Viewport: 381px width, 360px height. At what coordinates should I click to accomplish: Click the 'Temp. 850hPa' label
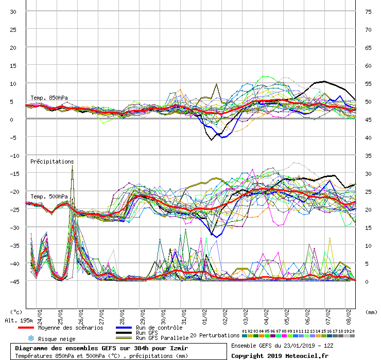pos(49,98)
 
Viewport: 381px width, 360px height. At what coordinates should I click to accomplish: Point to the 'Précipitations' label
pos(52,161)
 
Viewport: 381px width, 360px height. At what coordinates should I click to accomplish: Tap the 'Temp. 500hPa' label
pos(49,196)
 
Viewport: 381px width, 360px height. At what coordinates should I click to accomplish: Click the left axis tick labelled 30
pos(13,12)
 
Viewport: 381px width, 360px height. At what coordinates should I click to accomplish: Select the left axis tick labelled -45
pos(14,282)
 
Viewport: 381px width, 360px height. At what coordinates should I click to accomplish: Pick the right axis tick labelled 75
pos(368,12)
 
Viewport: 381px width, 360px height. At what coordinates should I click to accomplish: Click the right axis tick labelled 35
pos(368,156)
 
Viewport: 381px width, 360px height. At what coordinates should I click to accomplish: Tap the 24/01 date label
pos(40,317)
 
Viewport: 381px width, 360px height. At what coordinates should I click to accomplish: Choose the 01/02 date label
pos(204,317)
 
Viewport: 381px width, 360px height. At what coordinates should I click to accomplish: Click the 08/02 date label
pos(349,317)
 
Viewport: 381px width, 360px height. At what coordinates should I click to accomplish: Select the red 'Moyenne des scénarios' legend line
pos(26,328)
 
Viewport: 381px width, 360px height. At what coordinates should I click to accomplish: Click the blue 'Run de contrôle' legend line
pos(124,328)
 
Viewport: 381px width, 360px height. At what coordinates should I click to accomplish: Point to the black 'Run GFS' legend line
pos(124,333)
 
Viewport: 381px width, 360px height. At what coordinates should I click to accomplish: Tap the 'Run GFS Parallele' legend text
pos(162,338)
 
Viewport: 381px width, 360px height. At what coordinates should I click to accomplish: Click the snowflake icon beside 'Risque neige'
pos(31,338)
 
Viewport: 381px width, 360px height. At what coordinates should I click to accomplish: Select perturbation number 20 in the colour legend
pos(352,336)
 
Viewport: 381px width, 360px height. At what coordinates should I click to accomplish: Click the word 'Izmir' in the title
pos(179,348)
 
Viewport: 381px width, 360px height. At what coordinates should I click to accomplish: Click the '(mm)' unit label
pos(371,312)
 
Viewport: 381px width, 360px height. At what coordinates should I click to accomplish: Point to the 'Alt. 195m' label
pos(19,321)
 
